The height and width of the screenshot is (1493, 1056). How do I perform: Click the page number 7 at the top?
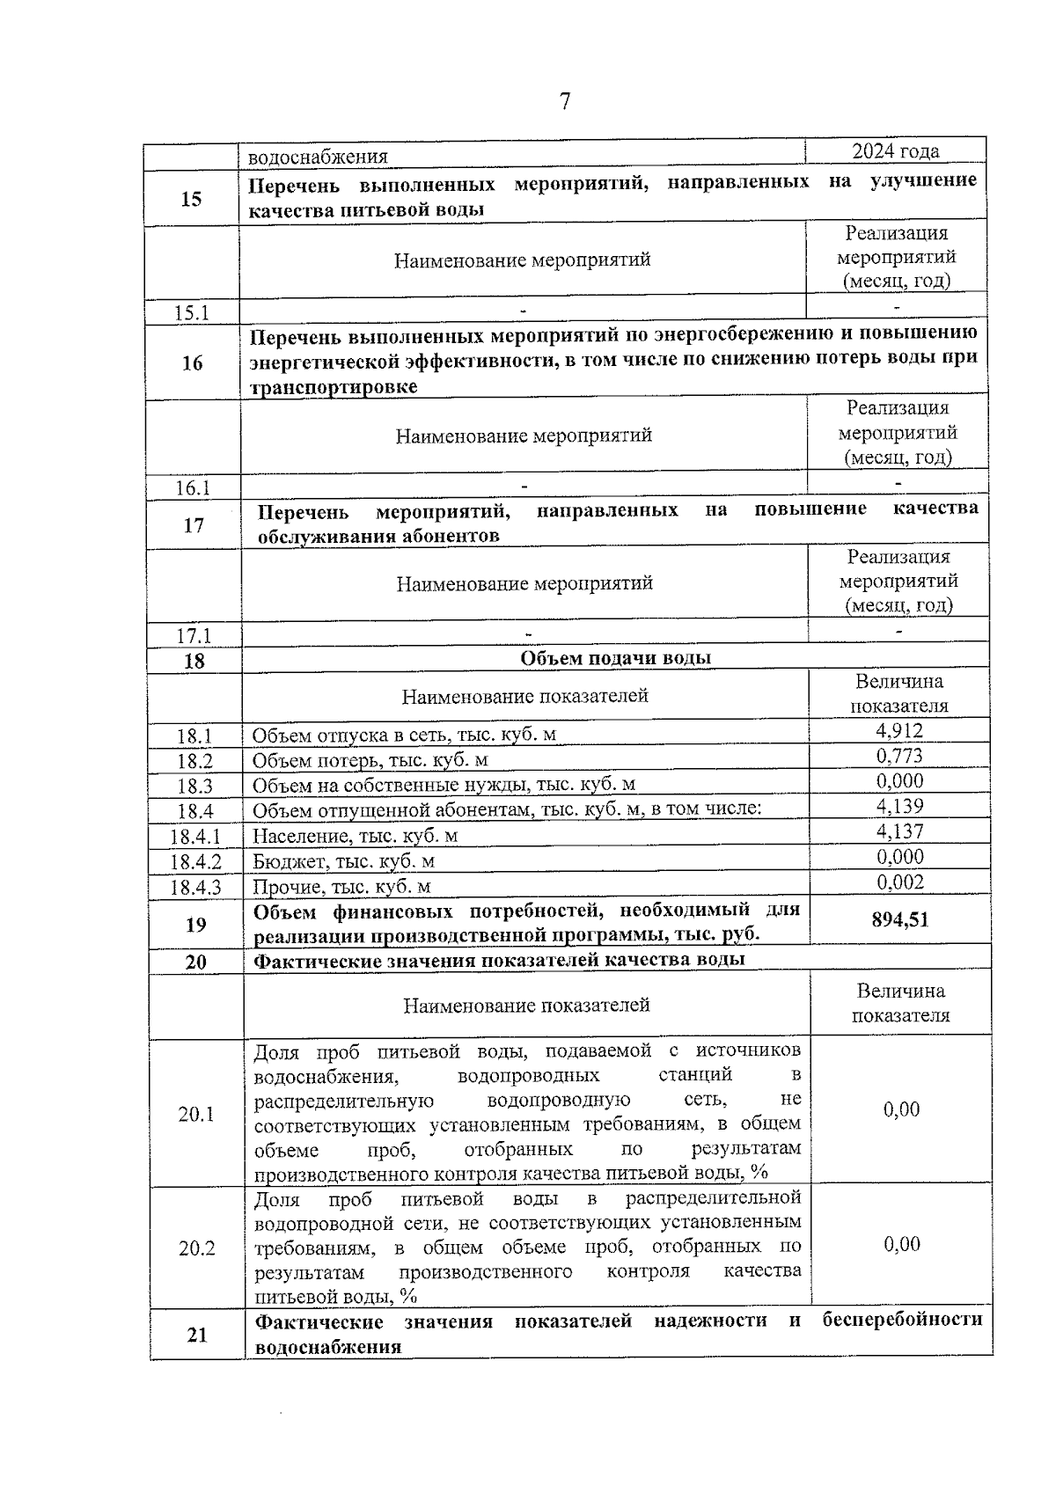[x=565, y=102]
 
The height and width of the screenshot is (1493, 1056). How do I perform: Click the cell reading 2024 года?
[x=895, y=151]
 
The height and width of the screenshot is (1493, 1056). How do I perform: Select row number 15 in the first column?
[x=191, y=199]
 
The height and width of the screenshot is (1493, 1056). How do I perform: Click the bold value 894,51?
[x=899, y=920]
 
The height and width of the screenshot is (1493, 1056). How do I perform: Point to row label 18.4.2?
[x=195, y=861]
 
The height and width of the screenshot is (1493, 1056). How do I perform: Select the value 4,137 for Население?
[x=899, y=831]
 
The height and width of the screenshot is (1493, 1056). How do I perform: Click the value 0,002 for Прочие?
[x=900, y=882]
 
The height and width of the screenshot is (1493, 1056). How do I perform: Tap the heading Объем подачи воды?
[x=615, y=658]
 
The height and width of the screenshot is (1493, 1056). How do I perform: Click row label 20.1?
[x=196, y=1114]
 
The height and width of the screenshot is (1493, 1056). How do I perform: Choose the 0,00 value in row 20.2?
[x=901, y=1243]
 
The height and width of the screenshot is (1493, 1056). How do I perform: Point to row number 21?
[x=197, y=1335]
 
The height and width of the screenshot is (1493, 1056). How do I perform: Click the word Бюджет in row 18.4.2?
[x=283, y=861]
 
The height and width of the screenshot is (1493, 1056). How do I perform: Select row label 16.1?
[x=193, y=487]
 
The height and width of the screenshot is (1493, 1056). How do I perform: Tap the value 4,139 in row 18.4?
[x=899, y=806]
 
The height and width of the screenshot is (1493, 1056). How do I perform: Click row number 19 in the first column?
[x=195, y=924]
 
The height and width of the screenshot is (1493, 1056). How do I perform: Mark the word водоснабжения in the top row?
[x=318, y=157]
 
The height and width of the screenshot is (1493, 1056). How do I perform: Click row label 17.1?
[x=194, y=635]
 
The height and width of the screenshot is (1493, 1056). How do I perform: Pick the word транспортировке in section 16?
[x=334, y=387]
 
